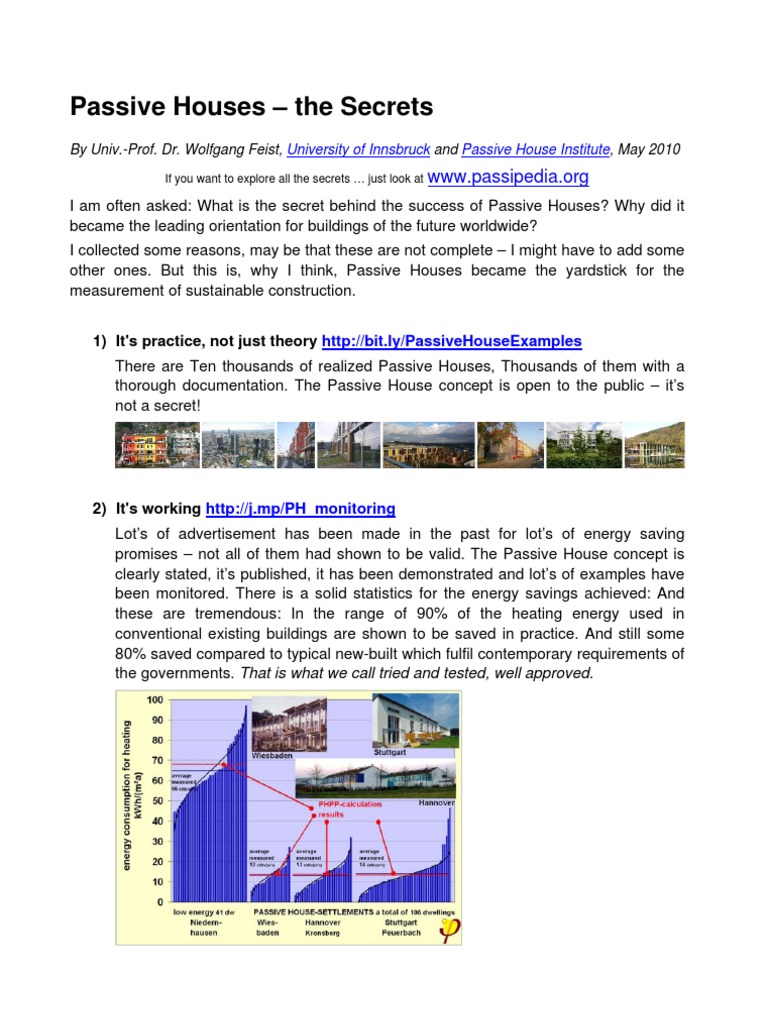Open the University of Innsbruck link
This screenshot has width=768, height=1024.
tap(359, 149)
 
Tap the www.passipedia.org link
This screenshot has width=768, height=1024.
tap(508, 178)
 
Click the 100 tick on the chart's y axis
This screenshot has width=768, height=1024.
tap(156, 699)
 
